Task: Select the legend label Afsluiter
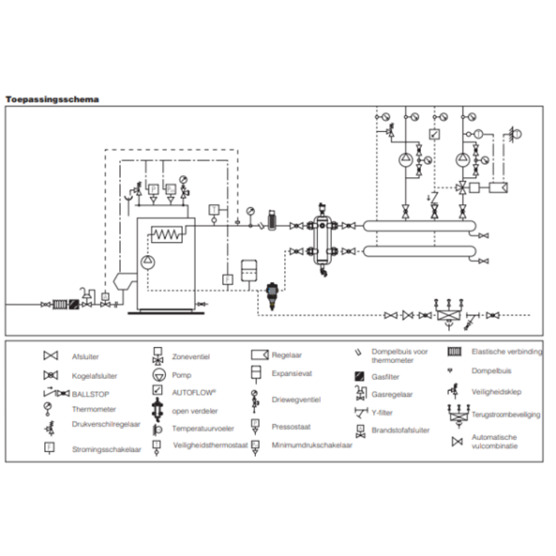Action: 85,357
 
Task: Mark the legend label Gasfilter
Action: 387,376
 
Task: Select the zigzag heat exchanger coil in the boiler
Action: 166,234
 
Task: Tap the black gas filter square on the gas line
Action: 72,304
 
